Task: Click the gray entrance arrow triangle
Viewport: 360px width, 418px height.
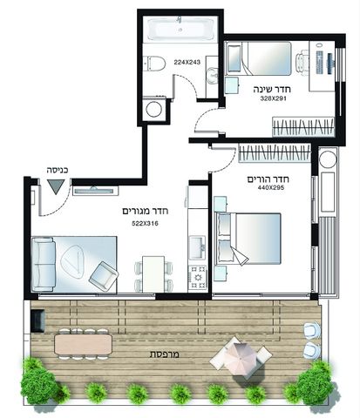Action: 56,186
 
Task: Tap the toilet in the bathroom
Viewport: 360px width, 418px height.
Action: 154,63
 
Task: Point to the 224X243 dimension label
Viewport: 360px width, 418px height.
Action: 187,62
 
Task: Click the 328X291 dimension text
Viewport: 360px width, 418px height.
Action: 273,98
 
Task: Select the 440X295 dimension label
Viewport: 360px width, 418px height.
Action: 271,187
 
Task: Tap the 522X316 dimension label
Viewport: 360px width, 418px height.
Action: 145,224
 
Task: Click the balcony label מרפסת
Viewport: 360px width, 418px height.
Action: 165,354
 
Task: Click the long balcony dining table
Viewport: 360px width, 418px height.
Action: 84,344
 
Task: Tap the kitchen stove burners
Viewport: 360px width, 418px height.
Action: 198,278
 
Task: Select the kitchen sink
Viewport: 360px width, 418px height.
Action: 198,247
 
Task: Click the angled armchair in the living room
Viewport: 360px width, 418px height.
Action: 104,276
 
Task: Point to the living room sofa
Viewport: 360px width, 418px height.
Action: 44,264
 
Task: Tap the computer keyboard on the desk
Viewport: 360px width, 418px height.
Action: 319,62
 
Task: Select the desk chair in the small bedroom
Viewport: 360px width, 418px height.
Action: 302,61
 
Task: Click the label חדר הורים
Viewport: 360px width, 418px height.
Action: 268,179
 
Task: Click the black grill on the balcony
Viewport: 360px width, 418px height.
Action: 37,320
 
